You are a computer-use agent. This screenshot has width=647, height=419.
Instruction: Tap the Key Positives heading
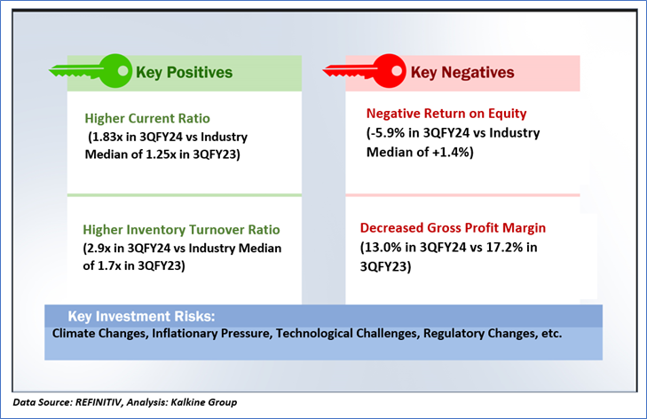click(183, 72)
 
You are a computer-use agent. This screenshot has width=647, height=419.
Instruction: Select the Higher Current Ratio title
click(148, 119)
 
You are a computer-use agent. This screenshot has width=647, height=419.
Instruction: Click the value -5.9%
click(389, 132)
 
